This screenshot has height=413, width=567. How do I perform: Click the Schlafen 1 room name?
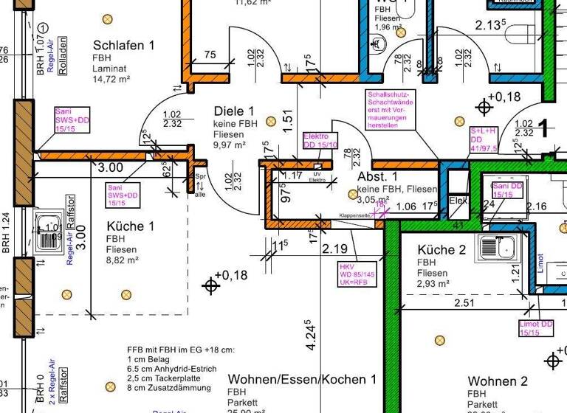click(x=124, y=45)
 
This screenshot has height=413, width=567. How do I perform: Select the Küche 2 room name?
click(x=441, y=250)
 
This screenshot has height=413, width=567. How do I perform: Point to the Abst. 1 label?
click(x=378, y=177)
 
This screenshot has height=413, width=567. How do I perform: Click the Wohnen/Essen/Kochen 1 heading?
click(x=302, y=379)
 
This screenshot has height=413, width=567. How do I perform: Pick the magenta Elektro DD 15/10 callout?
click(x=320, y=140)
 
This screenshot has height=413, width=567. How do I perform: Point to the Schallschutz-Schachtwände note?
click(x=392, y=110)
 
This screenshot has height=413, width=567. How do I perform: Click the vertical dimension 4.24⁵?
click(x=312, y=336)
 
